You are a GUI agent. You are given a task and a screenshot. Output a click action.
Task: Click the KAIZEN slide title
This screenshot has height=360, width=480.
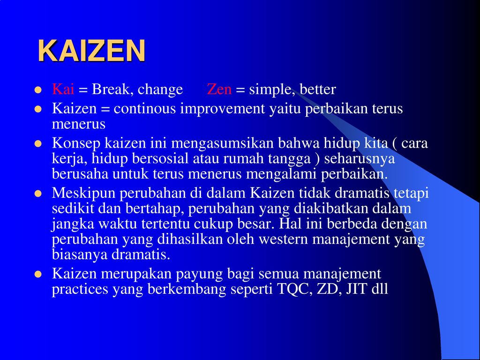coord(91,51)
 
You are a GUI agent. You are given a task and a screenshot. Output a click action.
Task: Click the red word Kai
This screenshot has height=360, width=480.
coord(63,89)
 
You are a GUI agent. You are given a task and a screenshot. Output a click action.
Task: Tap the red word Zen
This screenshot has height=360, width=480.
coord(219,89)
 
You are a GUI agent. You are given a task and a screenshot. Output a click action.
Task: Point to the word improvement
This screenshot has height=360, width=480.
coord(222,109)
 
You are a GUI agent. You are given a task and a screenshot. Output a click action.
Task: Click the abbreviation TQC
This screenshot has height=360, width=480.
coord(295,289)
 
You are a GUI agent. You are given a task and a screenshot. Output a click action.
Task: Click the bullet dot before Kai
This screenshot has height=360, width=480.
coord(38,90)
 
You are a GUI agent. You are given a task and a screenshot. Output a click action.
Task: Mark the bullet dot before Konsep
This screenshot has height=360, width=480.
coord(38,143)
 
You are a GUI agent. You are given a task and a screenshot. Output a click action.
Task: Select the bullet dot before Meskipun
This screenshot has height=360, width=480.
coord(38,194)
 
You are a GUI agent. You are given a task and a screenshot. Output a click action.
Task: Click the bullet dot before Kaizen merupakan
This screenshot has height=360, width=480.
coord(38,274)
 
